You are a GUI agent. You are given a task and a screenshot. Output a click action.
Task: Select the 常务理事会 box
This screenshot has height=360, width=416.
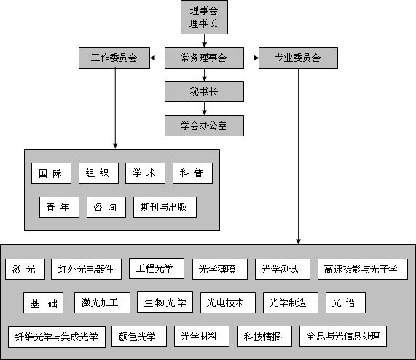204,58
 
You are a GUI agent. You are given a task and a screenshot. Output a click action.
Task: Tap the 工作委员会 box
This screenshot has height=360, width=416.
114,58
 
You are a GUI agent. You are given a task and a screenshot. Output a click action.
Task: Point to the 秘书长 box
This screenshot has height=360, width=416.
204,91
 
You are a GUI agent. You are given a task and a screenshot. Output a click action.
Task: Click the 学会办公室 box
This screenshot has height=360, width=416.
204,125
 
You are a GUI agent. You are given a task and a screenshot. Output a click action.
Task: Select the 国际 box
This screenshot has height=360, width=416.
51,173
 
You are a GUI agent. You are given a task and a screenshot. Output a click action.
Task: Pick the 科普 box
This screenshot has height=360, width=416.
192,173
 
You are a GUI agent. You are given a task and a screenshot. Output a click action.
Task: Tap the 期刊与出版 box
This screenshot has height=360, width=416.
165,207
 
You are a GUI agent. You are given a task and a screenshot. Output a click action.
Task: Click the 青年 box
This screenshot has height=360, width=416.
59,207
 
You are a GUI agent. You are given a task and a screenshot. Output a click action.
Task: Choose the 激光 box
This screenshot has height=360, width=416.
25,269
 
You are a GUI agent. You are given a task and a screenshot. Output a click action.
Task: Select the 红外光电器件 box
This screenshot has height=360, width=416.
85,269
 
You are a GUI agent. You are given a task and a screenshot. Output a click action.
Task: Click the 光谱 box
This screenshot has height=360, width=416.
345,302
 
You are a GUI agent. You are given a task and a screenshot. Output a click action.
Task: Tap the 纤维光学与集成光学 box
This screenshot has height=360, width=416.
56,337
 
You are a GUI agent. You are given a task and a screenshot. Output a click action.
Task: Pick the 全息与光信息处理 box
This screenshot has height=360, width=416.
342,336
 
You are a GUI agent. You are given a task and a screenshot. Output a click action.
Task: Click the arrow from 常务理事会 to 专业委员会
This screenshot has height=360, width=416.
249,58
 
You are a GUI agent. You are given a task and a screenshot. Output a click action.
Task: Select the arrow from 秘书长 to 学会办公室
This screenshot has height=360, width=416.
204,108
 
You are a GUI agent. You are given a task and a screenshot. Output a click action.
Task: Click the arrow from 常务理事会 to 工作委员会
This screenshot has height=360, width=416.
157,58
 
